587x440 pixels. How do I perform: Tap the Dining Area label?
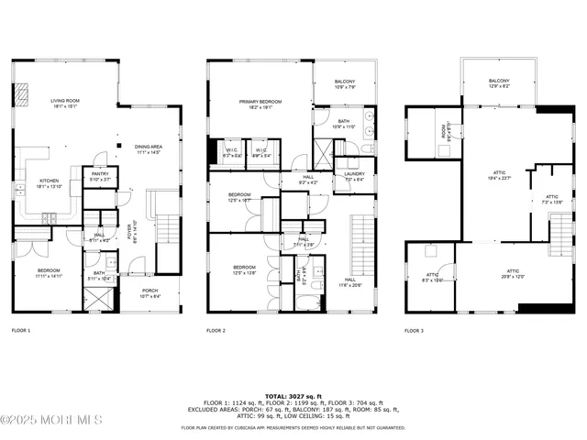click(x=149, y=149)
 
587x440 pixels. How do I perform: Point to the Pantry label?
click(x=99, y=176)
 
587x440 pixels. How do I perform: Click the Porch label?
click(x=150, y=292)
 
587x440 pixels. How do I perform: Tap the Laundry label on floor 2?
click(x=356, y=176)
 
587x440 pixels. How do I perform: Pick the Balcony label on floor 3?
click(x=499, y=82)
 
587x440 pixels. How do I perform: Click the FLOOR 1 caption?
click(x=21, y=330)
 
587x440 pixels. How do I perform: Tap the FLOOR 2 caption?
click(x=216, y=330)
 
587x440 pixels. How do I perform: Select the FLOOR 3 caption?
click(x=415, y=330)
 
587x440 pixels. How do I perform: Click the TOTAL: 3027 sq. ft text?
click(x=293, y=392)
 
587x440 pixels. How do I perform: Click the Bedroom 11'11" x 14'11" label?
click(x=49, y=272)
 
